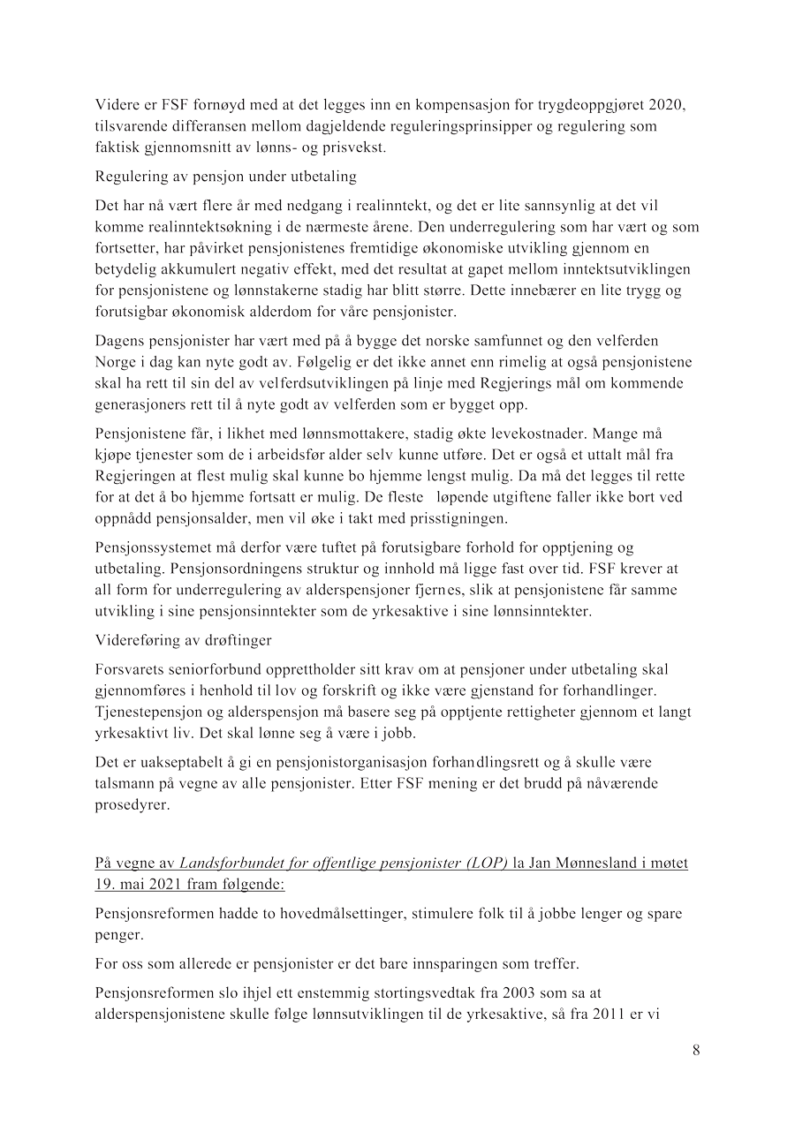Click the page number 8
click(x=696, y=1050)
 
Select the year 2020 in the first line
click(x=666, y=106)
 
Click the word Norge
click(x=116, y=362)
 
